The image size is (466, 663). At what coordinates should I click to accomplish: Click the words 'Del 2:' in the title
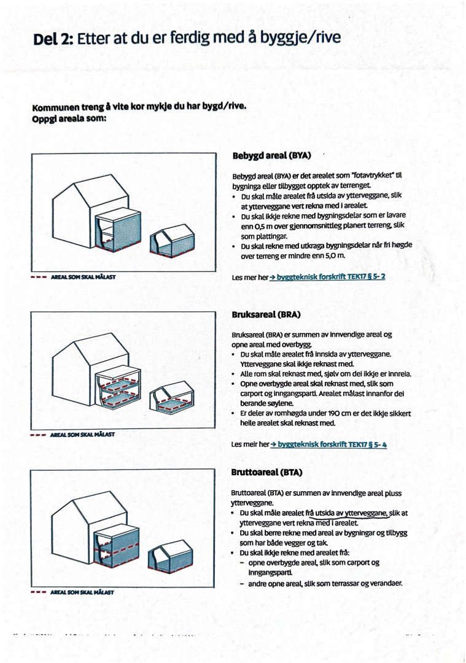53,39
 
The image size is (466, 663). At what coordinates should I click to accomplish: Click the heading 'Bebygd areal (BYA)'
272,156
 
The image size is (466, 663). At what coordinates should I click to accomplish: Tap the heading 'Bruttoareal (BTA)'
266,473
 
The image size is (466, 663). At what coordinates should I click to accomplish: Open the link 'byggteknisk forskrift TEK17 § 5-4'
332,444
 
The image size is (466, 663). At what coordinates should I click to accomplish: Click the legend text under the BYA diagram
82,277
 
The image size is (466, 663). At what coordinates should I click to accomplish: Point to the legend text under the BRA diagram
82,435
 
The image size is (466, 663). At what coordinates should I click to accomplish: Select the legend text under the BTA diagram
82,592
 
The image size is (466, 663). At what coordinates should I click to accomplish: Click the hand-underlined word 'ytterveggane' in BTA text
367,513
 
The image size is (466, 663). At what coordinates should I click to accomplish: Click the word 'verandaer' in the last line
382,583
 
